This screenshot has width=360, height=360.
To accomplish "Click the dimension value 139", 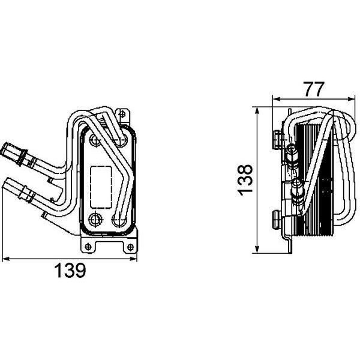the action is click(70, 270).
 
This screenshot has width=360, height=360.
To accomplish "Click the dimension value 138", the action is click(245, 180).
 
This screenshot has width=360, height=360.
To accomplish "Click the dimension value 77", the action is click(314, 89).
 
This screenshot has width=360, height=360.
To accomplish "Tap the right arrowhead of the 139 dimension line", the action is click(133, 259).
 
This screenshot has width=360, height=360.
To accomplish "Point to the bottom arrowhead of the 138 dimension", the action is click(257, 250).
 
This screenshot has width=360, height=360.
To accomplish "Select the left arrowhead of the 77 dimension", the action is click(277, 99).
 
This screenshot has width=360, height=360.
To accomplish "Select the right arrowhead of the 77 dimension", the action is click(352, 99).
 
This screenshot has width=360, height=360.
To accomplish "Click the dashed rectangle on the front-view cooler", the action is click(101, 187).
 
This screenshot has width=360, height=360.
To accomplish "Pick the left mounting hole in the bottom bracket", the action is click(88, 247).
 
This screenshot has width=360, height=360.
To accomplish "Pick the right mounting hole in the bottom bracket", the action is click(130, 247).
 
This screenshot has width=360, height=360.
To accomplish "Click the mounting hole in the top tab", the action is click(122, 113).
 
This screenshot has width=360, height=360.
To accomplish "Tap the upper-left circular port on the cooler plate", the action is click(95, 139).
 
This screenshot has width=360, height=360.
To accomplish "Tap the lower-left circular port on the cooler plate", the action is click(95, 219).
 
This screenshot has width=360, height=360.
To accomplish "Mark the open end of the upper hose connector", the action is click(5, 149).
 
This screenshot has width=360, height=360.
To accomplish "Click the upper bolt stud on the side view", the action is click(277, 139).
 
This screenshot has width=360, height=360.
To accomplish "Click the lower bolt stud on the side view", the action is click(277, 220).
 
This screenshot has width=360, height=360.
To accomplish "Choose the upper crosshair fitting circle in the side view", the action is click(292, 149).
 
